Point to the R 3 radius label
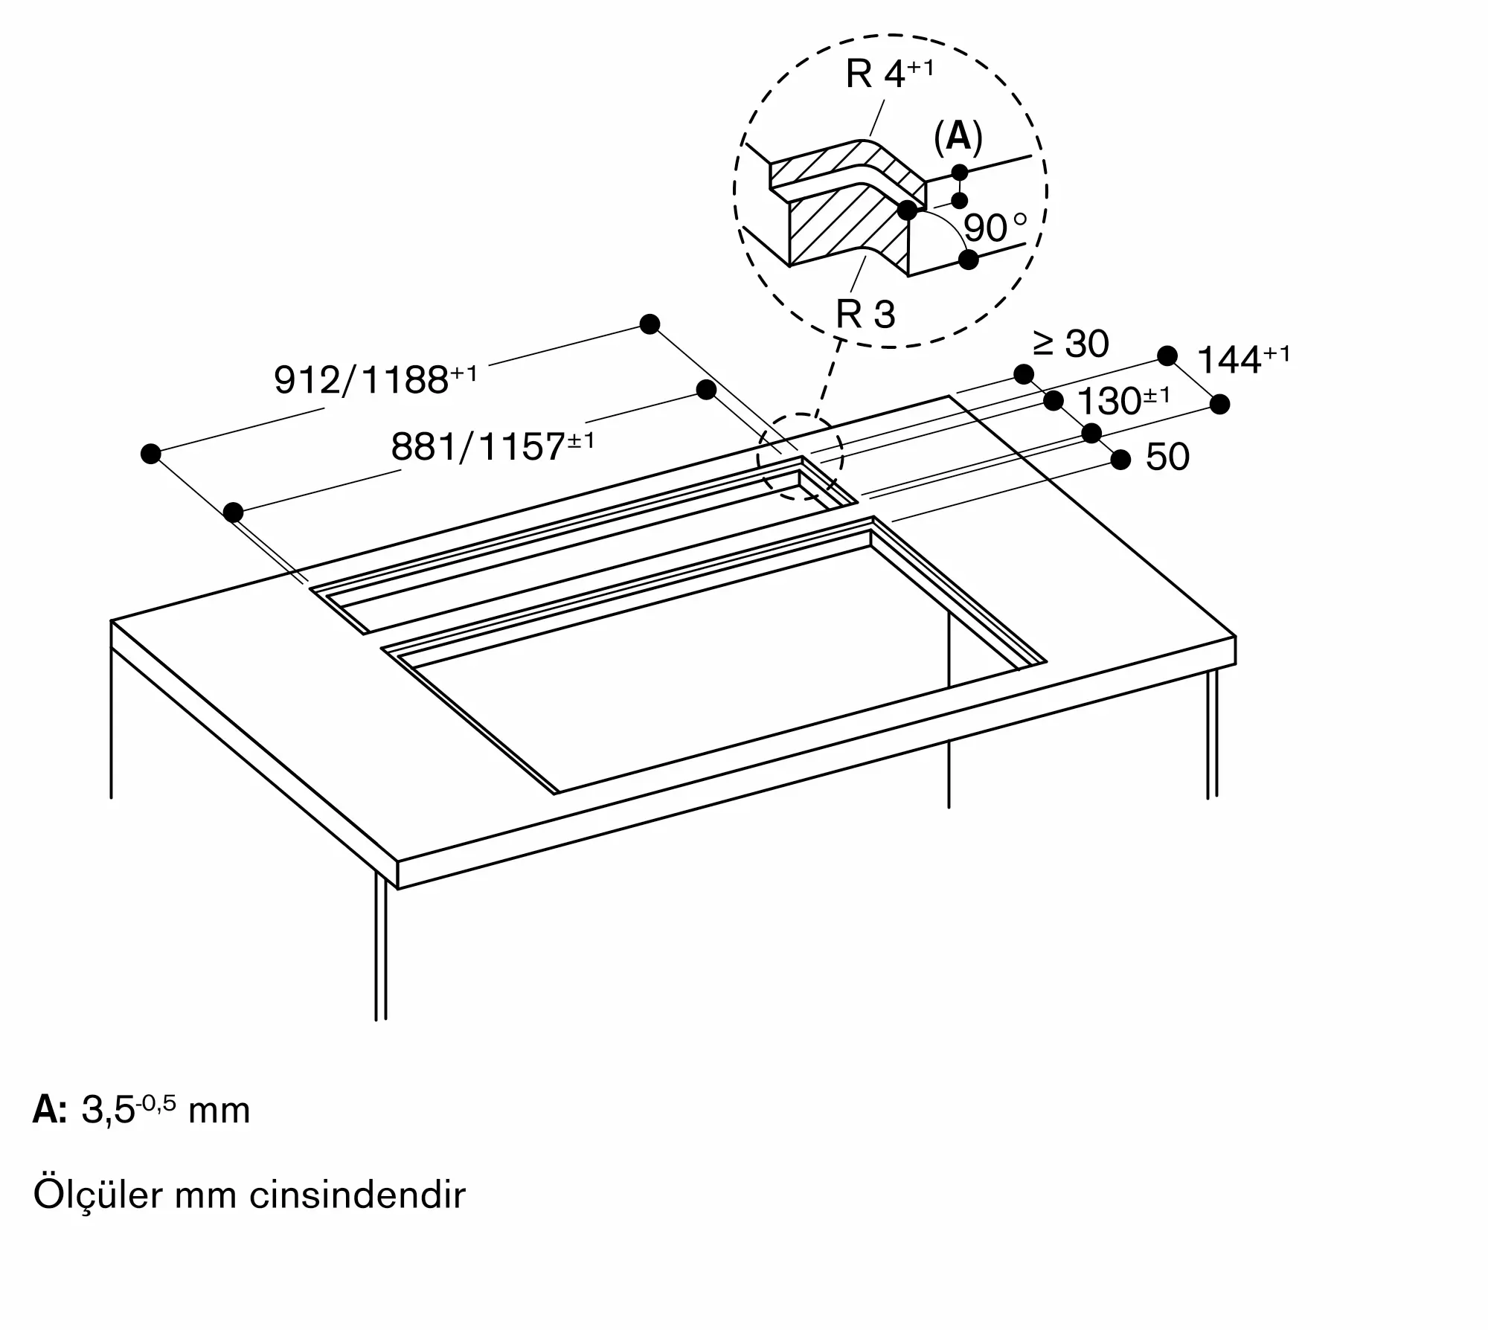point(865,314)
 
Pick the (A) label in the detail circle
point(958,137)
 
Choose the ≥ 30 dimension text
point(1071,344)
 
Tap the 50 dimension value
point(1167,457)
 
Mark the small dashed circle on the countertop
point(800,455)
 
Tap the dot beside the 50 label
point(1120,460)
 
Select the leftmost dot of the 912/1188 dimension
point(151,454)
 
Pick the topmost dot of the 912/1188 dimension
point(650,324)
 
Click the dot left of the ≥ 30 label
point(1024,373)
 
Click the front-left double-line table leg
point(381,952)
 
